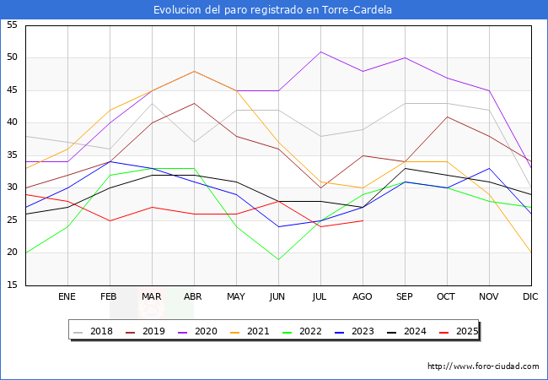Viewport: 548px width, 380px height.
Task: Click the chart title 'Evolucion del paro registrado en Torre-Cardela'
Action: [x=274, y=10]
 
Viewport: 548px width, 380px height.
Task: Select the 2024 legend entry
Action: [x=409, y=331]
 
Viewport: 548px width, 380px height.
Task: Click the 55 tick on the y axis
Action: [x=13, y=25]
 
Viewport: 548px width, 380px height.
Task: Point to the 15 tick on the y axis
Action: [x=13, y=285]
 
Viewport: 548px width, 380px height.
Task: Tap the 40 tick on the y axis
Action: [x=13, y=122]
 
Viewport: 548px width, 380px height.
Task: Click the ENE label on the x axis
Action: [x=67, y=297]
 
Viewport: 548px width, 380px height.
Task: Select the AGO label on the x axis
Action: [x=363, y=297]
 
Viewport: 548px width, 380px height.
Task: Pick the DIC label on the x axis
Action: [x=530, y=297]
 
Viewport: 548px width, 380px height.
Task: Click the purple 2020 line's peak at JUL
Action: [x=320, y=52]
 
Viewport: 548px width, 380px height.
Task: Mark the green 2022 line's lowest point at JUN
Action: [x=278, y=259]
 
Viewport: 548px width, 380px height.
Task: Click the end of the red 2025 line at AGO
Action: [x=363, y=220]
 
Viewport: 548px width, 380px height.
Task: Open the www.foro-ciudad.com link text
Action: [x=483, y=366]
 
